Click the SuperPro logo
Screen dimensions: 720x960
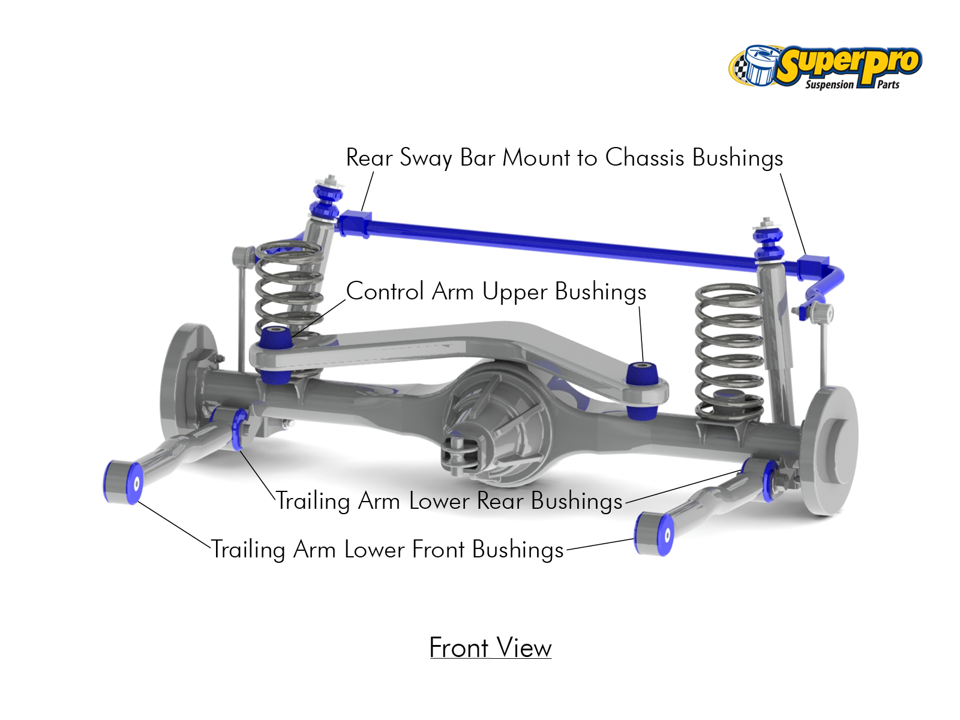pos(825,66)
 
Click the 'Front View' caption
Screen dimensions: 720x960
pos(490,648)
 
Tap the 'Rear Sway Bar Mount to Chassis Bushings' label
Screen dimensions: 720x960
pos(564,158)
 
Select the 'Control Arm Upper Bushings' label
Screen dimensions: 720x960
pos(496,292)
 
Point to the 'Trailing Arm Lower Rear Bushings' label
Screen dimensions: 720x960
pos(449,501)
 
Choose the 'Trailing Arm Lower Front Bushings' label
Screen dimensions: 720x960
pos(388,550)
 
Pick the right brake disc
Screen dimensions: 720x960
pos(831,450)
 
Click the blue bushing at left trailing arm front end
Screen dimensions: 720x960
pos(123,482)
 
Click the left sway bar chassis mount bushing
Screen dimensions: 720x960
pos(355,223)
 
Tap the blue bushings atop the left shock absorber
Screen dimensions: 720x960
pos(327,201)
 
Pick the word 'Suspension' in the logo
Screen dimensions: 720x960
pos(829,85)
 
